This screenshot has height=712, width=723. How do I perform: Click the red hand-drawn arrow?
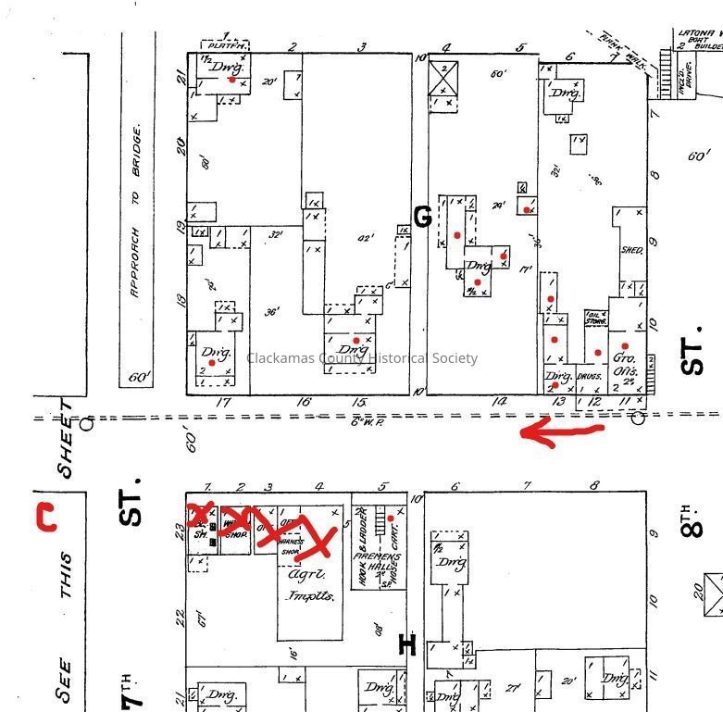560,431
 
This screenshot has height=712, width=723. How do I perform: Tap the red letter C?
44,517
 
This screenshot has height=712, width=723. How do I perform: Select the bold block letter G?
422,218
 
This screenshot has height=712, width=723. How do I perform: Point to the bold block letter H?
406,644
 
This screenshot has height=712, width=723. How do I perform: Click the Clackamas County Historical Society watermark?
362,358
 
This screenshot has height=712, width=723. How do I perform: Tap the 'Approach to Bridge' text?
136,212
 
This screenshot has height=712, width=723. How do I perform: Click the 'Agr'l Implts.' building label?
310,584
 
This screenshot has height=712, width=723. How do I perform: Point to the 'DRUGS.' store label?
589,378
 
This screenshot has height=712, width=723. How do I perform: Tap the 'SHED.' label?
631,250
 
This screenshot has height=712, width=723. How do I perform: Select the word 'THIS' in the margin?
65,575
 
